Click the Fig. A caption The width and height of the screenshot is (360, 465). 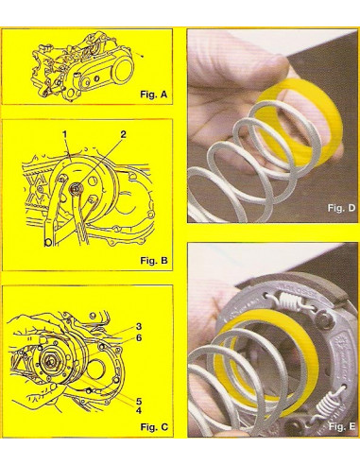154,95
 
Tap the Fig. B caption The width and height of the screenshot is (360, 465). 154,261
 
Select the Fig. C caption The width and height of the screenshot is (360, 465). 154,427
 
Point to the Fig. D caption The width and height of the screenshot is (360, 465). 341,208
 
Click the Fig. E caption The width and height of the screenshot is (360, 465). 342,426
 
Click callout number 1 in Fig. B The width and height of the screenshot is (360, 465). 64,135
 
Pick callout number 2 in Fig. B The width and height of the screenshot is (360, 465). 123,135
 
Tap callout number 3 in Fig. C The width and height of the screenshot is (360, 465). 139,326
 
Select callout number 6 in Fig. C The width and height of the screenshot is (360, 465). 139,337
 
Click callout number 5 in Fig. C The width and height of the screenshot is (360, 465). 139,401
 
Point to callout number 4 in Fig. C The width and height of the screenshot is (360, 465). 139,410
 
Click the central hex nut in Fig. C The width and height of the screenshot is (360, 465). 49,361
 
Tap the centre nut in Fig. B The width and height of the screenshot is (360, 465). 76,189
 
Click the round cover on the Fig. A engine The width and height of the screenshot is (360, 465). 123,70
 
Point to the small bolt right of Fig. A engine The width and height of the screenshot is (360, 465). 143,56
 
